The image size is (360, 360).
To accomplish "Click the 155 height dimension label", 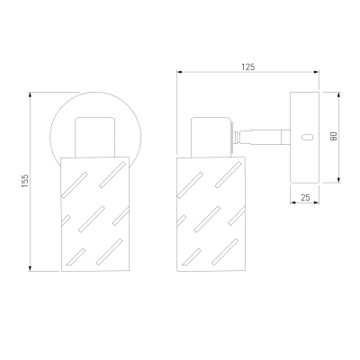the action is pos(25,181).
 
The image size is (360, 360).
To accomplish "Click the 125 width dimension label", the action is pos(248,67).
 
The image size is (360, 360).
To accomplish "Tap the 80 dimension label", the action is pos(334,136).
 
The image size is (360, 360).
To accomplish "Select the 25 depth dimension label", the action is pos(305,197).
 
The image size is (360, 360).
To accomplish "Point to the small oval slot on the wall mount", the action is pos(307,138).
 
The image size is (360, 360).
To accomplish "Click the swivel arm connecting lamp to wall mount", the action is pos(264,137).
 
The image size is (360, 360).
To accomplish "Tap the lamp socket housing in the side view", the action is pos(211,137).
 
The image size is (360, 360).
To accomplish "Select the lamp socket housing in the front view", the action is pos(95,138).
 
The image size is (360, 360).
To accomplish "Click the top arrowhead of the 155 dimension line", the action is pos(30,94).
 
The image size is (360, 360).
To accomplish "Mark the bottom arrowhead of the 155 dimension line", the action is pos(30,268).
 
